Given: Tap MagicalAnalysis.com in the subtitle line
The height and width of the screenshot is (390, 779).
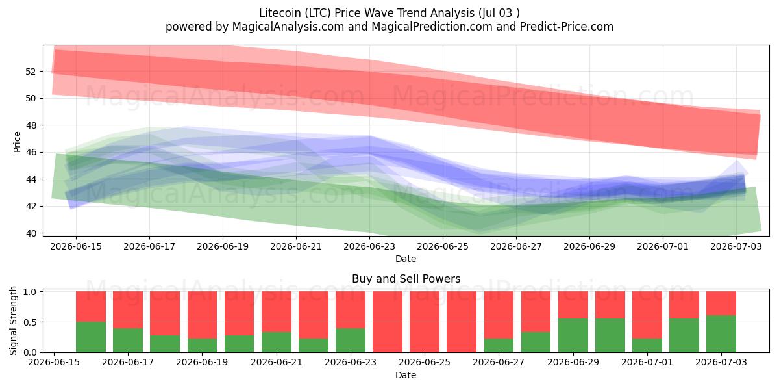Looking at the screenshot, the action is pos(288,27).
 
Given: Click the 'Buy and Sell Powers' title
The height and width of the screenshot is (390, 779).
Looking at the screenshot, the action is pos(406,279).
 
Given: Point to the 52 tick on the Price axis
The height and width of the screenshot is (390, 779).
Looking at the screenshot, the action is pos(31,71).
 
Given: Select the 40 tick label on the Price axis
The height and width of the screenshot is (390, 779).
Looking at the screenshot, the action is pos(31,233).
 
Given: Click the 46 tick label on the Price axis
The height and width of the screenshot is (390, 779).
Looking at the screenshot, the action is pos(31,152).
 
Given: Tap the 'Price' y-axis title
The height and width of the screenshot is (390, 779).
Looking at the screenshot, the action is pos(17,142).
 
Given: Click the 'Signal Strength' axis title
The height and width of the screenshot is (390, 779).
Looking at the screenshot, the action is pos(13,320).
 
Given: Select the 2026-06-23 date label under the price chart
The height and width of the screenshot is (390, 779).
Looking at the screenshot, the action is pos(369,246).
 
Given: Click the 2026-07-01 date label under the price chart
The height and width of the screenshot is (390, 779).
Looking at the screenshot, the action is pos(663,246).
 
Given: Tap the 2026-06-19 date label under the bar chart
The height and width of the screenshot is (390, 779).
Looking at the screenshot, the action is pos(202,362).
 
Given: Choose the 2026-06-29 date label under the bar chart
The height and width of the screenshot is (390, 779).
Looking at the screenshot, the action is pos(573,362).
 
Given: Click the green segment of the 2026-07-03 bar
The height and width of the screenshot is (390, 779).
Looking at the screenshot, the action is pos(721,334).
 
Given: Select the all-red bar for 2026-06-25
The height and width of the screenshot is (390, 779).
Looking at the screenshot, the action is pos(425,322).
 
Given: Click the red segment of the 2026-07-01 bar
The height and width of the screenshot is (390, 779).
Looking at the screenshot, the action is pos(647,315).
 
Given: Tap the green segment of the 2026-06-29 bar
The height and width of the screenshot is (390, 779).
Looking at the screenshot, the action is pos(573,335).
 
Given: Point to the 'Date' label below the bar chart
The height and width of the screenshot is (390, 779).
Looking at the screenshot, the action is pos(406,375).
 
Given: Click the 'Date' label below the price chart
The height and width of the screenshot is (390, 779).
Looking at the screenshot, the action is pos(406,259).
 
